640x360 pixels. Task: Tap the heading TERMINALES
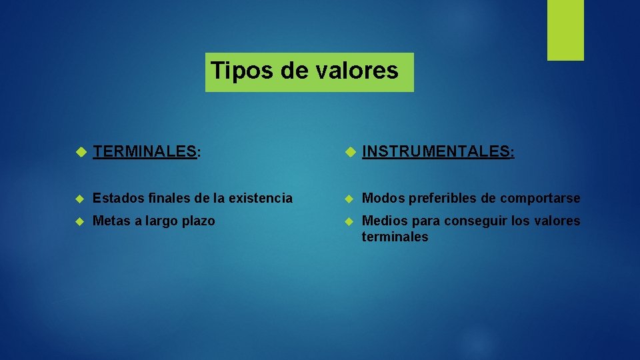(x=145, y=152)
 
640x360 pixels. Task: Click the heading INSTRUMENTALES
(x=436, y=152)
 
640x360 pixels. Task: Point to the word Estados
(x=115, y=198)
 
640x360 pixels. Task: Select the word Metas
(x=111, y=221)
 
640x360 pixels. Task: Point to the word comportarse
(x=540, y=198)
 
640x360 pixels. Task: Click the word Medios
(x=383, y=221)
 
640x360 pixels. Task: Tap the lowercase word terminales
(x=395, y=237)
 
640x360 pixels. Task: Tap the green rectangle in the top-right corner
(x=565, y=30)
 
